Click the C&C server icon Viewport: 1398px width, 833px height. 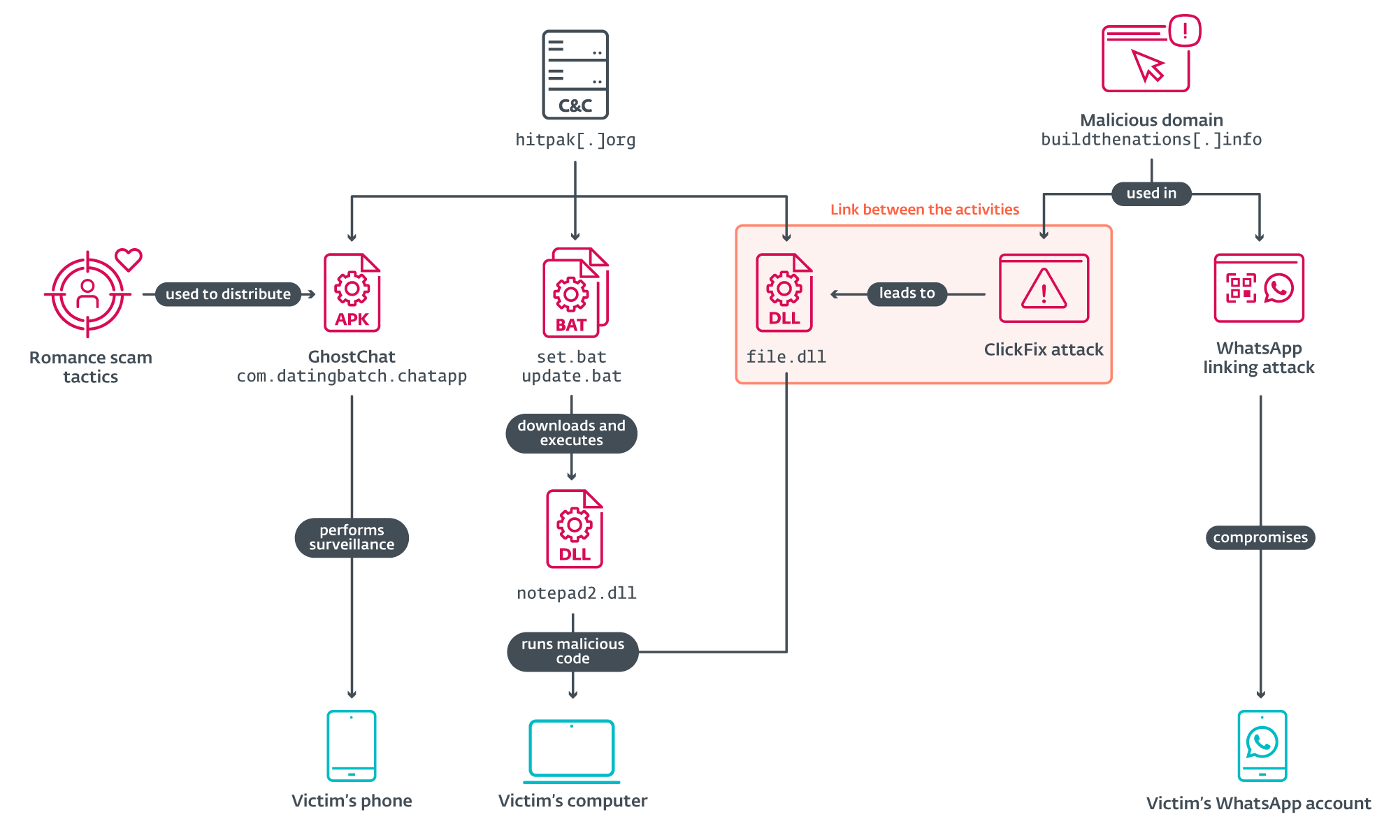click(x=575, y=74)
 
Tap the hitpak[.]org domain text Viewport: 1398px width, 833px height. click(x=575, y=140)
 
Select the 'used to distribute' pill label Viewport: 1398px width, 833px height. click(x=228, y=294)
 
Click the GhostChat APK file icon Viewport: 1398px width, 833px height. click(x=352, y=293)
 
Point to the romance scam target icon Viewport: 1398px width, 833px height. click(x=87, y=294)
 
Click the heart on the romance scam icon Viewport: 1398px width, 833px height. click(x=129, y=259)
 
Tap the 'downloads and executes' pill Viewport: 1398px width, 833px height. click(x=571, y=433)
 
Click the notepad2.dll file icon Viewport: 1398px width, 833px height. click(x=575, y=528)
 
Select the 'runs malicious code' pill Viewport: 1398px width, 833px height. click(x=572, y=651)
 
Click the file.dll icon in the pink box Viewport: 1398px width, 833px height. click(x=784, y=293)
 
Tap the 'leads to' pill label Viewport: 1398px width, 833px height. click(x=907, y=294)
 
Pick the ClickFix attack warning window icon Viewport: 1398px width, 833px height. click(x=1044, y=288)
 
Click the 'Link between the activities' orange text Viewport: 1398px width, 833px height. click(x=924, y=210)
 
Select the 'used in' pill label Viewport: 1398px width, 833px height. click(x=1151, y=194)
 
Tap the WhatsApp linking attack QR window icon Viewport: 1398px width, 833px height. click(x=1258, y=288)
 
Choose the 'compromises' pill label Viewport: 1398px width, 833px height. click(x=1260, y=537)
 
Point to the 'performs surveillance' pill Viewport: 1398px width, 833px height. click(x=352, y=537)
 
